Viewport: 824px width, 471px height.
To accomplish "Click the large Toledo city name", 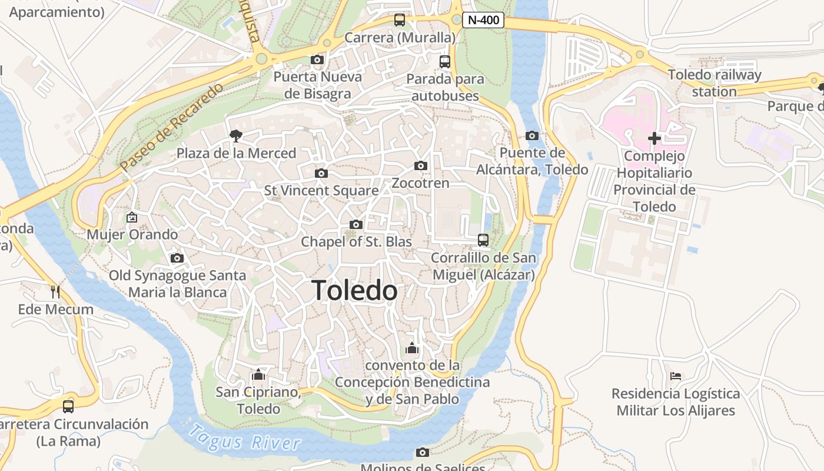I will coord(354,291).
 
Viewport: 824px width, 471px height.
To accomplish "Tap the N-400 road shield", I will coord(483,20).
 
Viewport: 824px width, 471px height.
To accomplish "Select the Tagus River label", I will coord(245,438).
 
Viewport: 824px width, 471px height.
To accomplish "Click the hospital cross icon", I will coord(654,138).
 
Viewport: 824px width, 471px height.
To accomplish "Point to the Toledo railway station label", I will coord(714,83).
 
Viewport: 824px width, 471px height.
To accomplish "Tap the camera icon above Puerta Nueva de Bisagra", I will coord(317,59).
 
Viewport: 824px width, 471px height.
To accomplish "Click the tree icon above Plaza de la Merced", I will coord(236,136).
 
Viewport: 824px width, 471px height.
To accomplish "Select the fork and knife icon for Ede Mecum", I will coord(55,291).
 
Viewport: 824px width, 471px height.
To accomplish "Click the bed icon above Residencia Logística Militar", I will coord(676,376).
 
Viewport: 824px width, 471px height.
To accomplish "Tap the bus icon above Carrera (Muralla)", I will coord(400,20).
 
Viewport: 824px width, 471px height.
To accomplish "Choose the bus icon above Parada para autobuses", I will coord(445,61).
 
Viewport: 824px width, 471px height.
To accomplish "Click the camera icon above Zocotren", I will coord(420,165).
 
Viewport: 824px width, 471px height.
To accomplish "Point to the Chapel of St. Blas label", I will coord(356,242).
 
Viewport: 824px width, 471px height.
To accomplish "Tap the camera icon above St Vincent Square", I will coord(321,173).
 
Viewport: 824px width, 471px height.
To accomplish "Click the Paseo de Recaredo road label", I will coord(172,128).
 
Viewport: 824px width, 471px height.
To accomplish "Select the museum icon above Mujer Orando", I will coord(131,217).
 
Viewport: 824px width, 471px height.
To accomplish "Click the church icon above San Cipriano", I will coord(258,374).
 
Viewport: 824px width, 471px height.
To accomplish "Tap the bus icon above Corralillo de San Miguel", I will coord(483,240).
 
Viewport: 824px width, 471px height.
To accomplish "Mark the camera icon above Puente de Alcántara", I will coord(532,135).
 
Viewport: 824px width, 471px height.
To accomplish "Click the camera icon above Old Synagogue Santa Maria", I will coord(177,258).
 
